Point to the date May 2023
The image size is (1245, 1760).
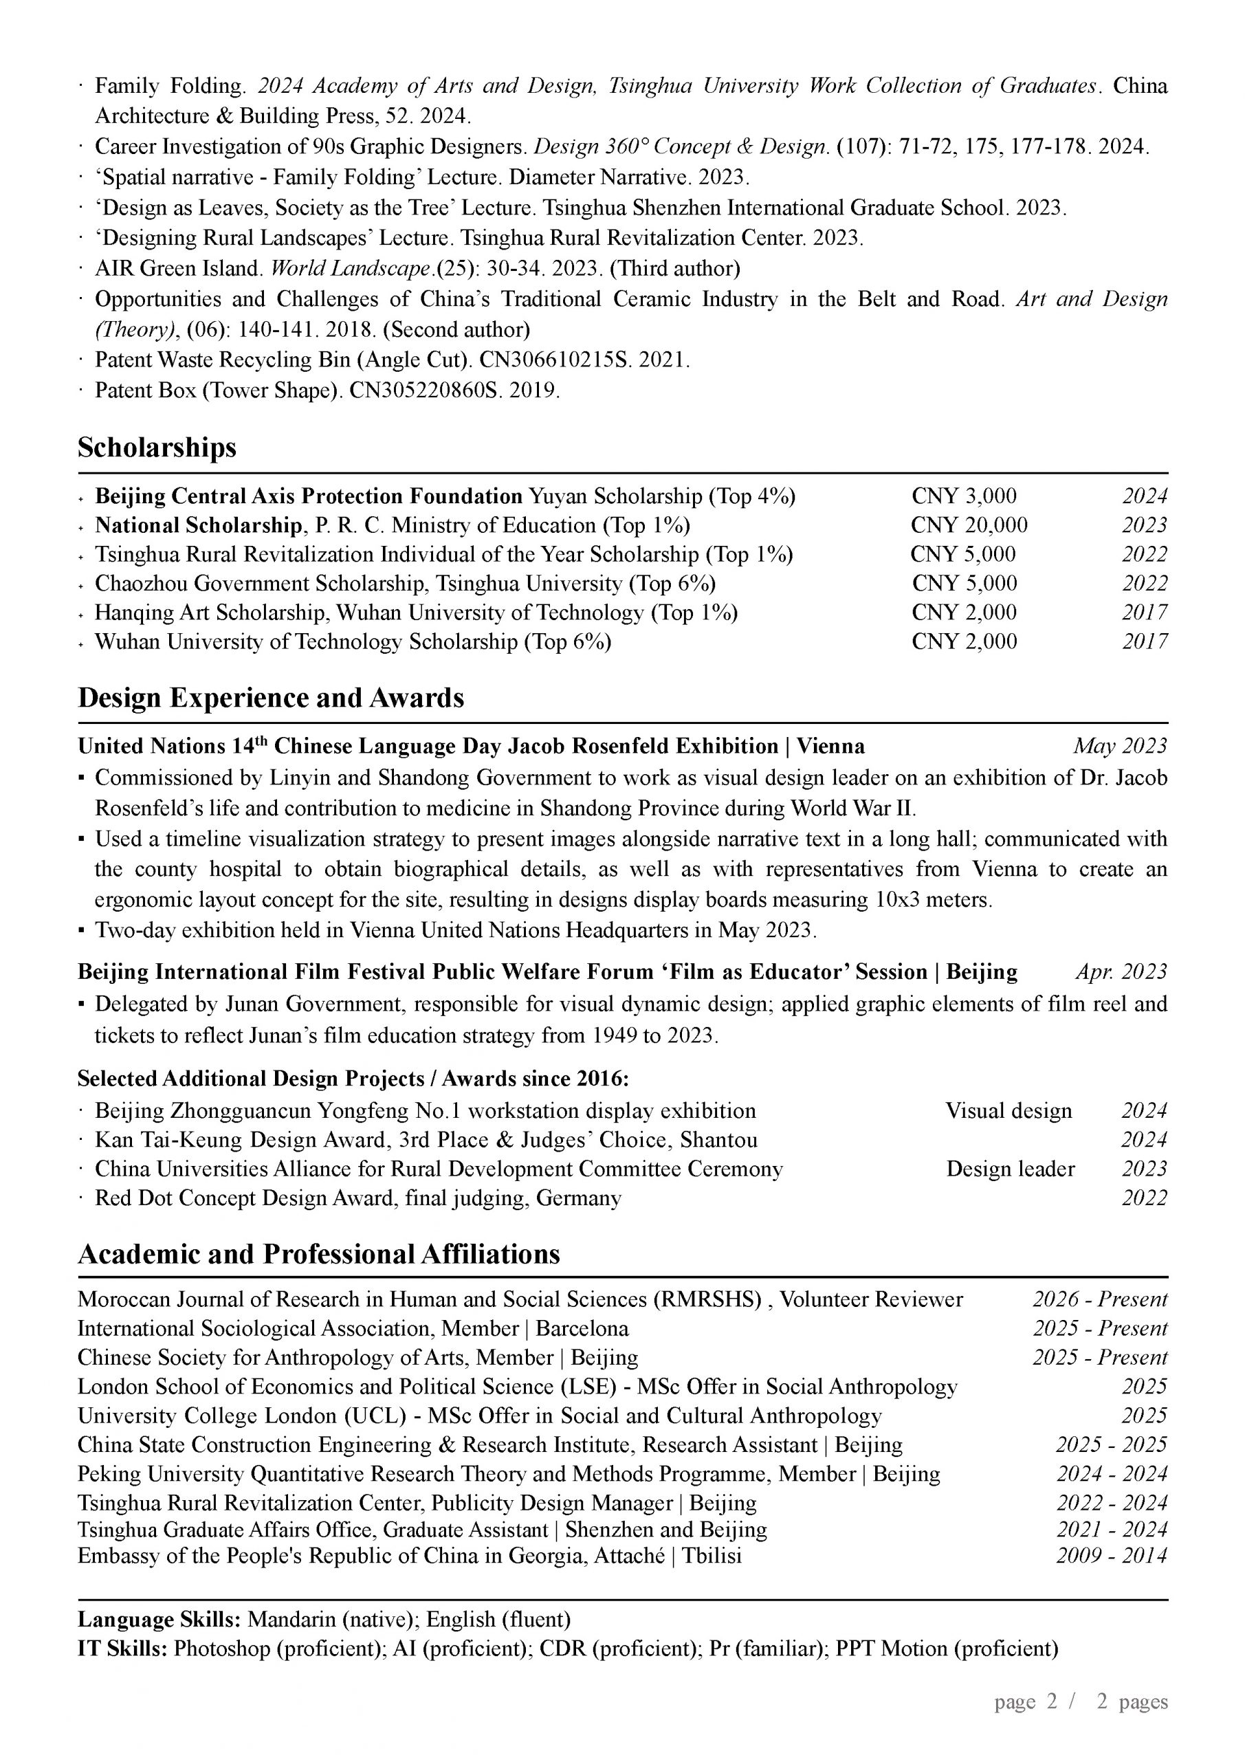[x=1119, y=747]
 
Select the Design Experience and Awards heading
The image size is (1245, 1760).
[x=271, y=698]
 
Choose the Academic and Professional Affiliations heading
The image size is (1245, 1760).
[x=318, y=1255]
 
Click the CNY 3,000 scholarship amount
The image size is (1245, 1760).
[x=964, y=497]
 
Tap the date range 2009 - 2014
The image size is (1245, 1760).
[x=1111, y=1556]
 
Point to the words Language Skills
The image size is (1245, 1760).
[x=159, y=1620]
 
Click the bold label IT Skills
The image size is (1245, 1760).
[x=122, y=1649]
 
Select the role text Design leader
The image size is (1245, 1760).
[x=1010, y=1169]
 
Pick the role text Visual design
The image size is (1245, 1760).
[x=1008, y=1112]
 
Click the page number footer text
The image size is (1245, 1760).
[x=1080, y=1702]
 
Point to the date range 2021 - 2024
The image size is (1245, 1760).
[x=1111, y=1530]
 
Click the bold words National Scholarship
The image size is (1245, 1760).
[x=198, y=526]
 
